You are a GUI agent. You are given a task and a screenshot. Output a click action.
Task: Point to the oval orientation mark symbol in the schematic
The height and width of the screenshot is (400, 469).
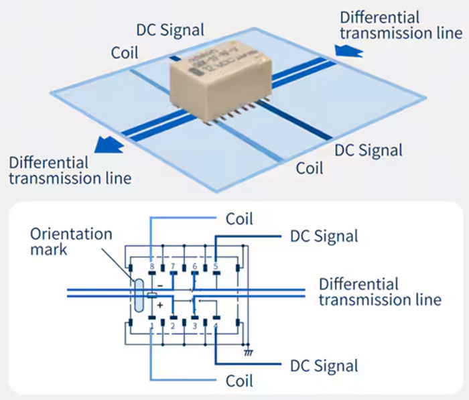(137, 295)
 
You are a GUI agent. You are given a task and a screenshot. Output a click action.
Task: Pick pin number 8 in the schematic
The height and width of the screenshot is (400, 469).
(151, 267)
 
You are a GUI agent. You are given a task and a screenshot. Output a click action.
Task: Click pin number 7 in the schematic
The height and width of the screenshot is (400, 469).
(174, 267)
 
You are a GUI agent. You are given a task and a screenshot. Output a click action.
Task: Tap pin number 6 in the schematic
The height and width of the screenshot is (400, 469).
(195, 267)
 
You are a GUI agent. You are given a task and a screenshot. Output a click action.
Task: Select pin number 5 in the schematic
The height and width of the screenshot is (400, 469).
(216, 267)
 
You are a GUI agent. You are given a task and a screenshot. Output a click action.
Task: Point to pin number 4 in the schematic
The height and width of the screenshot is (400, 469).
(216, 326)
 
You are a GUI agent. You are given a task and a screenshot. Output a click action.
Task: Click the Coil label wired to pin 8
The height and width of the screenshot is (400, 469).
(239, 218)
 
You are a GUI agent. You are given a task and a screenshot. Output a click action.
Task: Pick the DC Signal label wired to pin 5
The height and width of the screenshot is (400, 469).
(324, 236)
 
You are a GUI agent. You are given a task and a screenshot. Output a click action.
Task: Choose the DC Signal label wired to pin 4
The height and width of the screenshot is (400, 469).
(324, 366)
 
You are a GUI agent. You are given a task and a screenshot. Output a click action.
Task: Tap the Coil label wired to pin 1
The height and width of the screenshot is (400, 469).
(239, 381)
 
